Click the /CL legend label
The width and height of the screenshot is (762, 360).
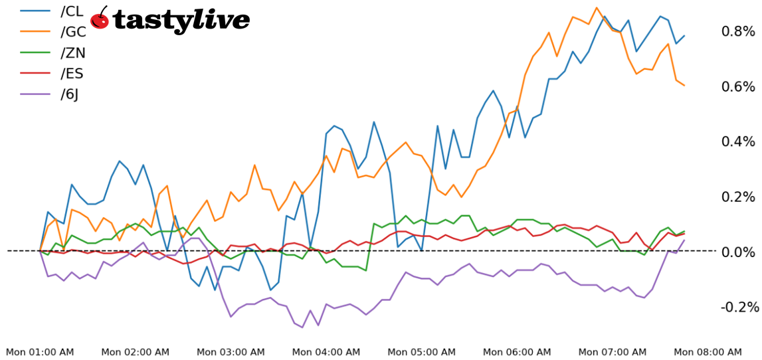tap(72, 11)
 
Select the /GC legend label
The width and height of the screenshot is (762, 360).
tap(72, 32)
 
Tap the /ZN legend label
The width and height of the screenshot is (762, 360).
tap(72, 52)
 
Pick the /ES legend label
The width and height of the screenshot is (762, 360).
tap(72, 73)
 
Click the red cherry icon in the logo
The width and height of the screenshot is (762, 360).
tap(100, 19)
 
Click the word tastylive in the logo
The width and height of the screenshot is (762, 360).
tap(181, 21)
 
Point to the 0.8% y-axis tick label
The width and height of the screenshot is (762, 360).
tap(738, 31)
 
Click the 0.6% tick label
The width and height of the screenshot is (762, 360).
tap(738, 86)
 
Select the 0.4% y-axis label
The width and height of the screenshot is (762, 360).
tap(738, 141)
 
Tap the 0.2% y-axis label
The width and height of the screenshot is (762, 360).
tap(738, 197)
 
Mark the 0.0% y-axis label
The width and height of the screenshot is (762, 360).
tap(738, 252)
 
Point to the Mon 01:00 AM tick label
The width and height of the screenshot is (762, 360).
tap(40, 352)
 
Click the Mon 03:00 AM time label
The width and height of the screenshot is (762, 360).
tap(231, 352)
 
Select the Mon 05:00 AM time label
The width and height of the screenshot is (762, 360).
tap(421, 352)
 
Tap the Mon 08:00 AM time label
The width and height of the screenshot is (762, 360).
tap(708, 352)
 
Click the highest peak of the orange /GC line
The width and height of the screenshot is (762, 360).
tap(597, 8)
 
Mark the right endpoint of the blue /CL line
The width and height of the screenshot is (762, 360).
tap(684, 36)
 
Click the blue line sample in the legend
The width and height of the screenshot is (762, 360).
tap(36, 11)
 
